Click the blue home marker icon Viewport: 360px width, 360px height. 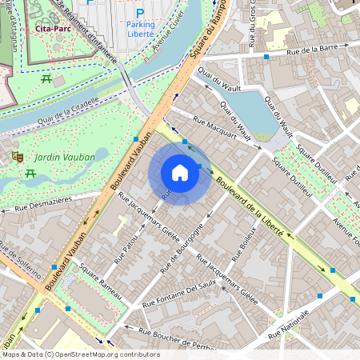coord(180,173)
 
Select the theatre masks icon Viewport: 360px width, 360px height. coord(16,158)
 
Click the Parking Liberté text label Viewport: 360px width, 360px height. coord(141,30)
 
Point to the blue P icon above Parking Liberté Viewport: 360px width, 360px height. coord(140,13)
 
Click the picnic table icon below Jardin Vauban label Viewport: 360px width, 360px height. coord(30,174)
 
